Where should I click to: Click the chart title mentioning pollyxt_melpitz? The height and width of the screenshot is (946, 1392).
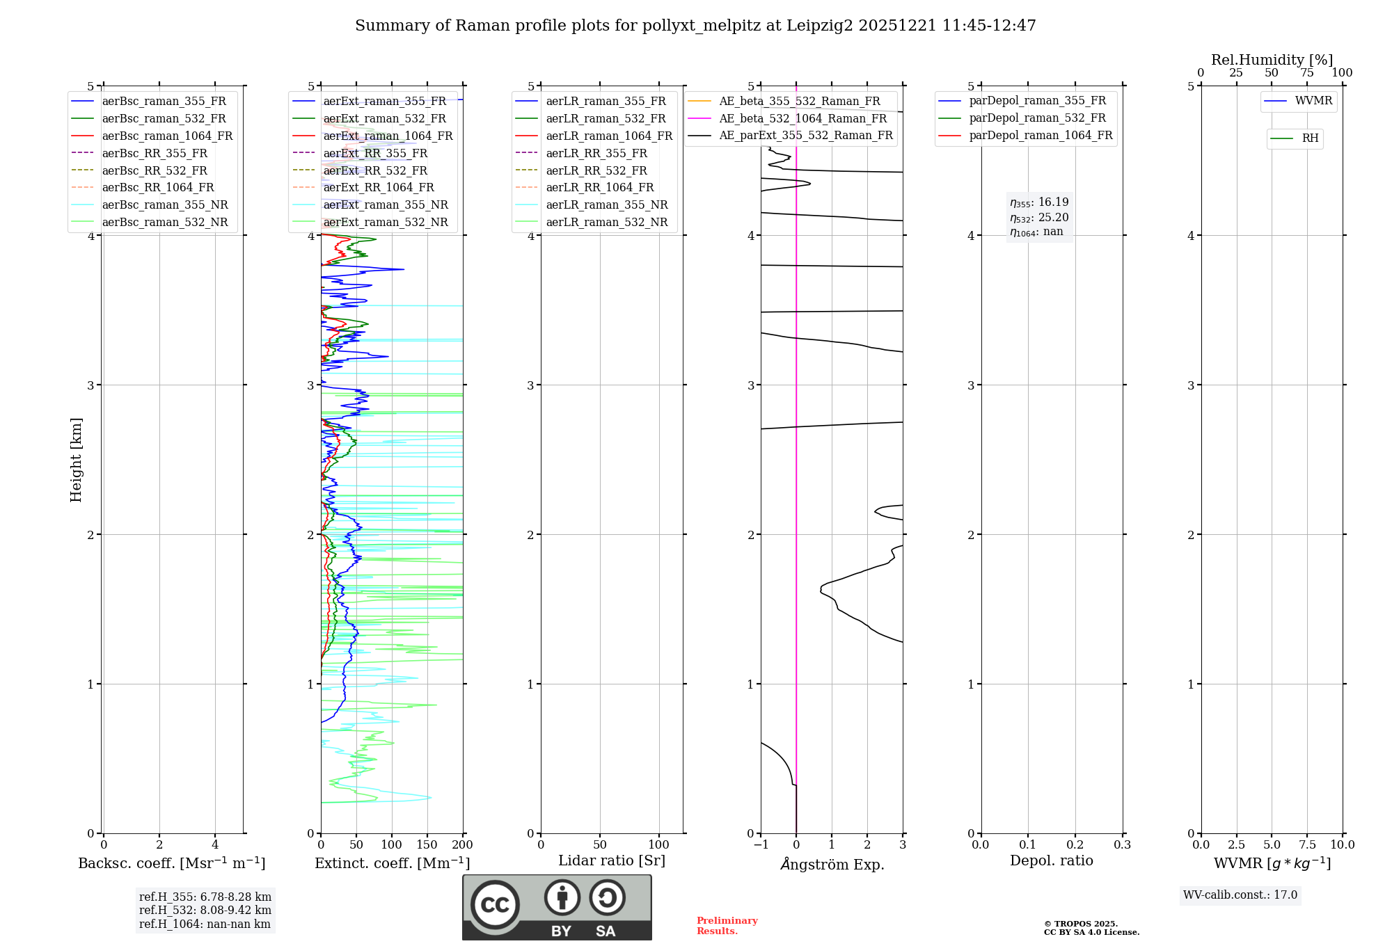click(x=695, y=26)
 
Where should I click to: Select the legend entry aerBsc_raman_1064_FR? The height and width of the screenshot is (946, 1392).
click(x=167, y=136)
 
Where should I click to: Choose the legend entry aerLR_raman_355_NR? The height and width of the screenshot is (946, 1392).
click(x=606, y=205)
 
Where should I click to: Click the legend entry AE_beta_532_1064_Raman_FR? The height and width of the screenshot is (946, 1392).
click(x=802, y=119)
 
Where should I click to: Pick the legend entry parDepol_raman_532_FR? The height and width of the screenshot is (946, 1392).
click(x=1037, y=118)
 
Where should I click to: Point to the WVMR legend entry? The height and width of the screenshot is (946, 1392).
click(x=1313, y=101)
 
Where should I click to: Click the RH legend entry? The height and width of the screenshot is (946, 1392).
click(x=1310, y=138)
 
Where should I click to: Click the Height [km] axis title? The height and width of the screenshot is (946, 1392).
click(x=76, y=460)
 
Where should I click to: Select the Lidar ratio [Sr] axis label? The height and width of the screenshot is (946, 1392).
click(x=612, y=861)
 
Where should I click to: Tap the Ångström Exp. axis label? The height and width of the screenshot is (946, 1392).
click(x=832, y=865)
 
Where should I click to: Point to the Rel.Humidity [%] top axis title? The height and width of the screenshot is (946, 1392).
click(x=1272, y=60)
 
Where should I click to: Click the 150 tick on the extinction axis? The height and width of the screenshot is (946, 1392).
click(x=427, y=845)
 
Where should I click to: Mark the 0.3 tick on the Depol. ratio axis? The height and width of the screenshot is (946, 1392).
click(x=1122, y=845)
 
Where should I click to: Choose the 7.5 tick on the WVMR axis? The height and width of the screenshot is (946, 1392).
click(x=1306, y=845)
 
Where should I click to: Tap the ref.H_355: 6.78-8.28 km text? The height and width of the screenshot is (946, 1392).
click(x=205, y=897)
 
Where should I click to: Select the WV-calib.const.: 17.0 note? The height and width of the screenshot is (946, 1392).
click(x=1240, y=895)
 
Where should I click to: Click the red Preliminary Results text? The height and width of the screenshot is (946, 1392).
click(x=727, y=926)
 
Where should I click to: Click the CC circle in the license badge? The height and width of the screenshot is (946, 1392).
click(x=495, y=905)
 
